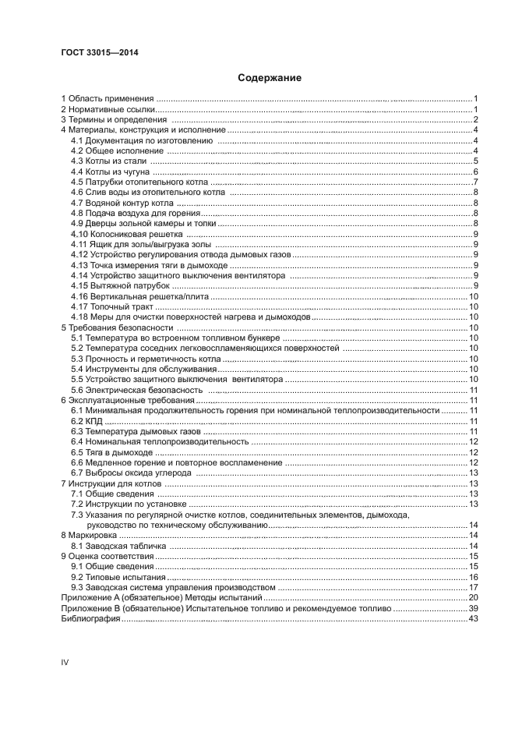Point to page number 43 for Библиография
pyautogui.click(x=472, y=618)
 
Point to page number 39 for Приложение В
pyautogui.click(x=472, y=608)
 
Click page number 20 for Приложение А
pyautogui.click(x=472, y=597)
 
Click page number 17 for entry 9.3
pyautogui.click(x=472, y=587)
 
